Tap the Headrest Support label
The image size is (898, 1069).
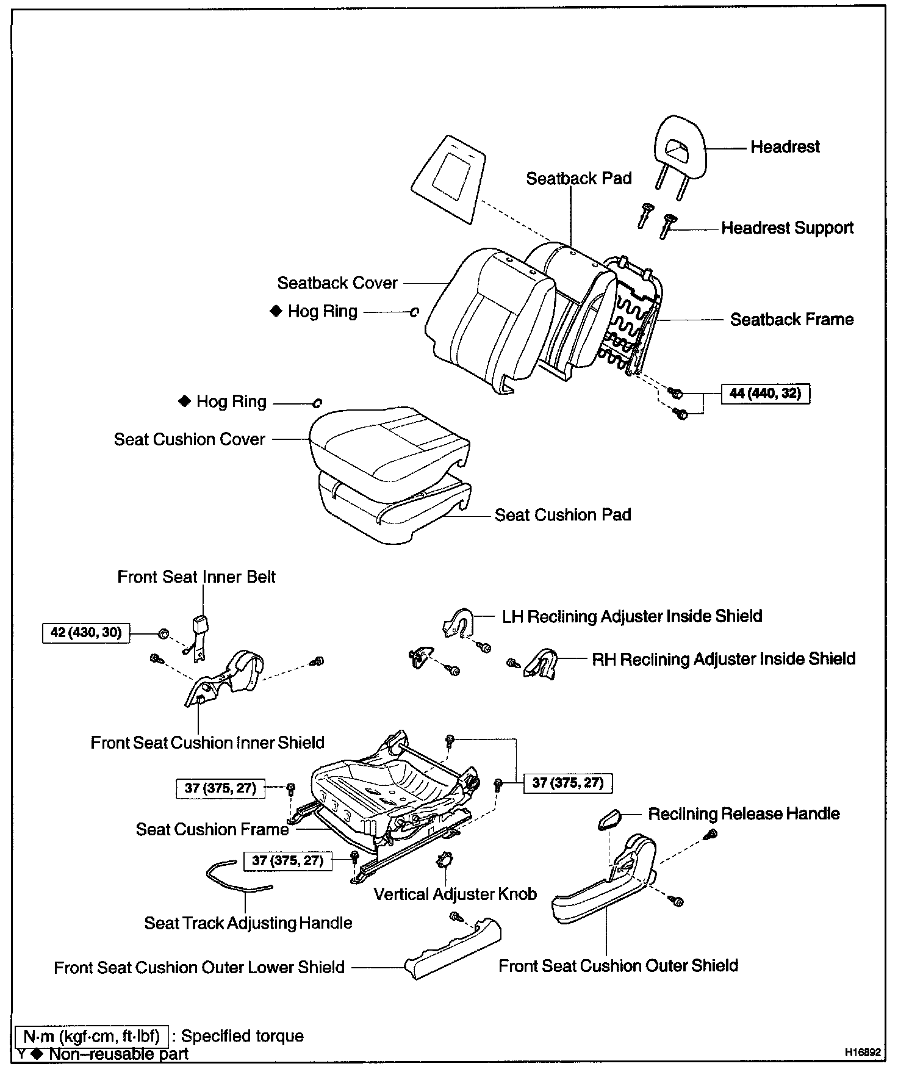pyautogui.click(x=787, y=228)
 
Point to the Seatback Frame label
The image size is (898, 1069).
pyautogui.click(x=791, y=320)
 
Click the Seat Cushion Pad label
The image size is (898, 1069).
pyautogui.click(x=562, y=515)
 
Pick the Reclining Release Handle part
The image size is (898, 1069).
pyautogui.click(x=608, y=818)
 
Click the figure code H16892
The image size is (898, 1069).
pyautogui.click(x=863, y=1053)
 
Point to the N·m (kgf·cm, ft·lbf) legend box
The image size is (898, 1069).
pyautogui.click(x=92, y=1036)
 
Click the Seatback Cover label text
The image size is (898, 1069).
pyautogui.click(x=337, y=283)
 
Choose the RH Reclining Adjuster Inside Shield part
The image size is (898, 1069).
pyautogui.click(x=541, y=664)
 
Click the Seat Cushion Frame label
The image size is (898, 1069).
pyautogui.click(x=212, y=830)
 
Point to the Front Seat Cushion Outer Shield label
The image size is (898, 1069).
pyautogui.click(x=618, y=966)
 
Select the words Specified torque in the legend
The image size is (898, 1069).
pyautogui.click(x=242, y=1036)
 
